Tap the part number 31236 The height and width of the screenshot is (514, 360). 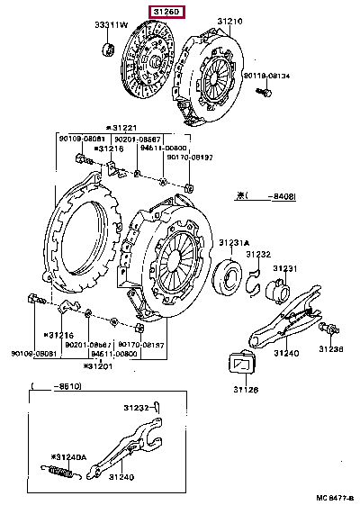point(332,348)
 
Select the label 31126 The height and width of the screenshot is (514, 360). point(246,390)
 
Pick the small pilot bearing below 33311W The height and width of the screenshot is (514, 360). point(109,47)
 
